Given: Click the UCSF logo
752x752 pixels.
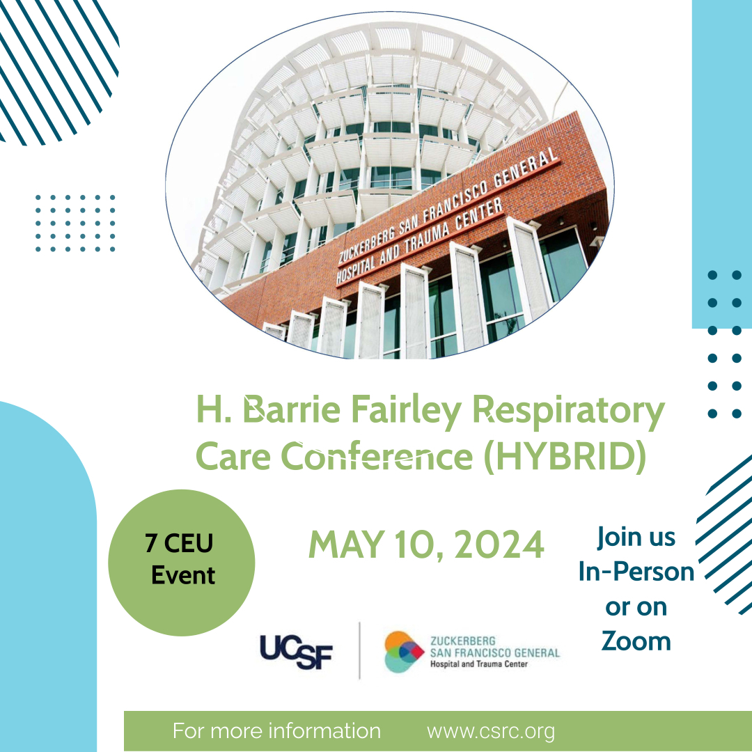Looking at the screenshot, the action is point(296,652).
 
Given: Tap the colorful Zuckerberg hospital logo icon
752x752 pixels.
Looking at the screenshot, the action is point(404,652).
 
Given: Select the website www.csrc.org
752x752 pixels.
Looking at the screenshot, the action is point(491,731).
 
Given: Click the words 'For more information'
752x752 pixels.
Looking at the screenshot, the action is point(276,731).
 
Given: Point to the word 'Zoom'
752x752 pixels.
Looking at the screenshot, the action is point(636,641).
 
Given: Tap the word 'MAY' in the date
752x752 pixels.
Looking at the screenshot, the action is point(346,545).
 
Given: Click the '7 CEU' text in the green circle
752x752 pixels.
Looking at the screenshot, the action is point(179,543).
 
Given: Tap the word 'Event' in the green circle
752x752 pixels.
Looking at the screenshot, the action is point(183,575).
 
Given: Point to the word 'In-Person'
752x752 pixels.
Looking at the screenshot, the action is point(636,572).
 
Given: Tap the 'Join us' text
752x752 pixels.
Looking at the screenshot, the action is point(636,537).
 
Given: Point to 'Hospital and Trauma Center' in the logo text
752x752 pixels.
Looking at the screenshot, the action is point(478,664).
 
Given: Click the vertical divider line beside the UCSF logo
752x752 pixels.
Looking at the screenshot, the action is point(360,650).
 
